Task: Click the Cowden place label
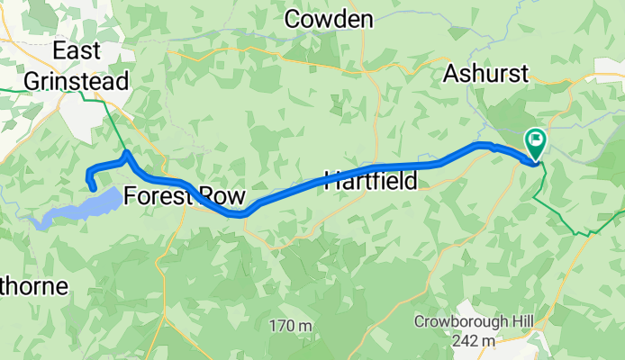pyautogui.click(x=329, y=19)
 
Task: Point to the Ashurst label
pyautogui.click(x=485, y=75)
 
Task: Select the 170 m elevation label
pyautogui.click(x=290, y=324)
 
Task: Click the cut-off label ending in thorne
pyautogui.click(x=33, y=287)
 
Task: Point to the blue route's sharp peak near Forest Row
pyautogui.click(x=127, y=154)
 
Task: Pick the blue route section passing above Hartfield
pyautogui.click(x=378, y=166)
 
